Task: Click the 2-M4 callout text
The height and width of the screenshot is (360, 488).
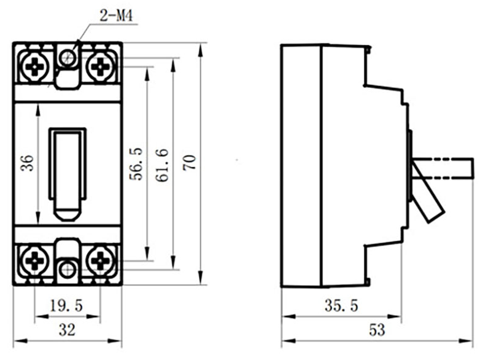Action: click(x=116, y=15)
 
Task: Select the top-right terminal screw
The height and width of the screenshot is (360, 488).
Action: click(x=100, y=66)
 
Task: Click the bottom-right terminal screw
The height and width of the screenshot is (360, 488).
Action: click(x=100, y=260)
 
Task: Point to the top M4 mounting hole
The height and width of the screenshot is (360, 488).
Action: click(x=67, y=58)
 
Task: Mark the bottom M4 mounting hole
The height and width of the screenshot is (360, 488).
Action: click(x=67, y=269)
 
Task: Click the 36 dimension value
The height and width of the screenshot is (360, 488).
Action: click(x=27, y=163)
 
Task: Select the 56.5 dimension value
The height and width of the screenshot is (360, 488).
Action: click(x=136, y=164)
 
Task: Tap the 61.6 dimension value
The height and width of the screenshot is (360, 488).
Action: click(x=163, y=165)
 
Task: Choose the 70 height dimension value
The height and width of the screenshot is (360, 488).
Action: click(x=189, y=162)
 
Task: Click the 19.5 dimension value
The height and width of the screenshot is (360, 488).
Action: click(x=66, y=305)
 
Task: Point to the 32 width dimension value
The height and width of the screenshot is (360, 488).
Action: click(x=67, y=330)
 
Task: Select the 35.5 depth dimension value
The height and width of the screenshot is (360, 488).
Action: click(x=341, y=305)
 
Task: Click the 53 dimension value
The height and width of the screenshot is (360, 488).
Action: click(x=377, y=330)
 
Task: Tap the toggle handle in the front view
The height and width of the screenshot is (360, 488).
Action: click(x=68, y=174)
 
